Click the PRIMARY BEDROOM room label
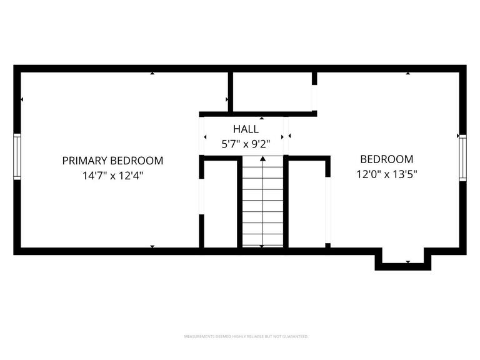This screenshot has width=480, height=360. pos(112,161)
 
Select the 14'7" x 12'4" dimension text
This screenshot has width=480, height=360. pos(112,176)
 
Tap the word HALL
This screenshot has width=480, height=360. pos(246,129)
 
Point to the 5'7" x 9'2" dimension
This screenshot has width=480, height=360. pos(246,144)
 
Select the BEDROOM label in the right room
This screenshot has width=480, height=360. pos(387,159)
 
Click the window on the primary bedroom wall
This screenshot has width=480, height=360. pos(17,156)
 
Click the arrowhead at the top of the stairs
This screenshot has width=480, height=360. pos(262,159)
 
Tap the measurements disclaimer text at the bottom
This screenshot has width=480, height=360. pos(246,336)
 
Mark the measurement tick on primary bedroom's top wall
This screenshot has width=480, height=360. pos(152,73)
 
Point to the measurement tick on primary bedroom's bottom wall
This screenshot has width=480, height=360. pos(152,247)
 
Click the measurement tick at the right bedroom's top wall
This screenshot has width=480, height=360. pos(408,73)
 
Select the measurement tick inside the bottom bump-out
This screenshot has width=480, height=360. pos(408,262)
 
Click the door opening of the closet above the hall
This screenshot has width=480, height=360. pos(314,97)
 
